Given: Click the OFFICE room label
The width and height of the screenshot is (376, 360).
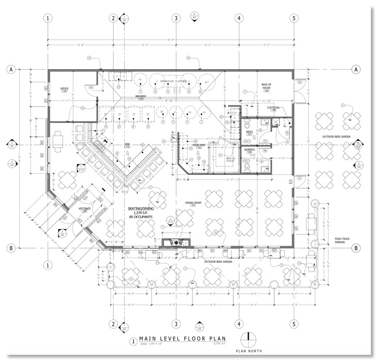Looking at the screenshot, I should [65, 88].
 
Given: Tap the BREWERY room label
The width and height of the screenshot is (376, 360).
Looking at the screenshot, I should [142, 96].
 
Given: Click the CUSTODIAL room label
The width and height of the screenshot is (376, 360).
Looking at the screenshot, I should [274, 108].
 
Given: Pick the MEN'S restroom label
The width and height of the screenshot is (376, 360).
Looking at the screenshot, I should [249, 132].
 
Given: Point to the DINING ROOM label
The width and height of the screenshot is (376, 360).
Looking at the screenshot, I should [192, 203].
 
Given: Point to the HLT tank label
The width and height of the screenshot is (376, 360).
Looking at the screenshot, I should [206, 82].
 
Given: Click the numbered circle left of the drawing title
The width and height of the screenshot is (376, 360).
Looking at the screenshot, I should [133, 341].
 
